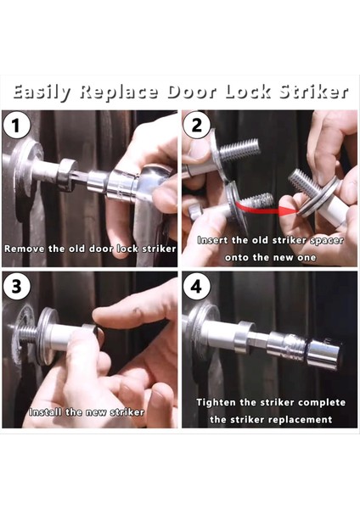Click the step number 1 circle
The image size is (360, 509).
click(16, 126)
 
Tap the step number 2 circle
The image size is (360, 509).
click(197, 126)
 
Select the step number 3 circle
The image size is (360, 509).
click(16, 287)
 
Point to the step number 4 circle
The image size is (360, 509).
click(196, 287)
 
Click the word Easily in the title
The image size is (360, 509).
click(42, 92)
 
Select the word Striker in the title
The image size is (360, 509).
click(313, 92)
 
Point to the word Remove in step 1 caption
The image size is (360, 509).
click(25, 249)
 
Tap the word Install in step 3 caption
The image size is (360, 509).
click(46, 412)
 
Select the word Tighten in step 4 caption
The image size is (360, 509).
click(216, 403)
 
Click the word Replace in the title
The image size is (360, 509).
click(119, 92)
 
